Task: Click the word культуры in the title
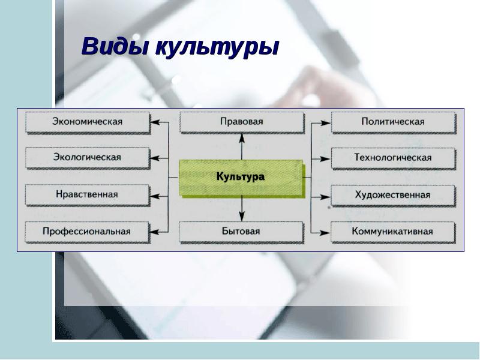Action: [217, 48]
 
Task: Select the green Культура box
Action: [241, 178]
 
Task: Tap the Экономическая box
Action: [87, 122]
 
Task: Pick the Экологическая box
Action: [87, 158]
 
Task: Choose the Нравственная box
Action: [87, 194]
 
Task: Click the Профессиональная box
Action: [87, 231]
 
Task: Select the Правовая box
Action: [241, 122]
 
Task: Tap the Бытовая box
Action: [241, 231]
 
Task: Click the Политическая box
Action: [393, 122]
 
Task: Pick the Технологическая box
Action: [393, 158]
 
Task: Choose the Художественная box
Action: [393, 195]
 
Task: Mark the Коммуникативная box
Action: [393, 231]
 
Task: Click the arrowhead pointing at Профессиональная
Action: [155, 231]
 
